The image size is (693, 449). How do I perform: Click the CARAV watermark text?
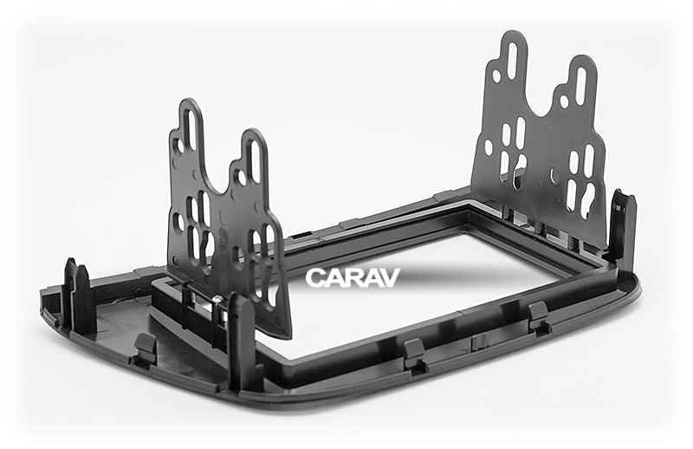pos(353,278)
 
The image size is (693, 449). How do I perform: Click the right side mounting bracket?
pos(541,139)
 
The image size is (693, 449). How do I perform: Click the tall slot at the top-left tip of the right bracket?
pos(512,61)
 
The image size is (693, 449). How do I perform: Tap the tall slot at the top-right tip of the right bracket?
pos(581,84)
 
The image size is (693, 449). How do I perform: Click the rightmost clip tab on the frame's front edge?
pos(538,316)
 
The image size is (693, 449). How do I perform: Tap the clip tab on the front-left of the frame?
pos(145,348)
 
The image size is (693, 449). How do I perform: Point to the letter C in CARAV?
pos(315,278)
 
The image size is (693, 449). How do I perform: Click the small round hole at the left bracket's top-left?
pos(178,146)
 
